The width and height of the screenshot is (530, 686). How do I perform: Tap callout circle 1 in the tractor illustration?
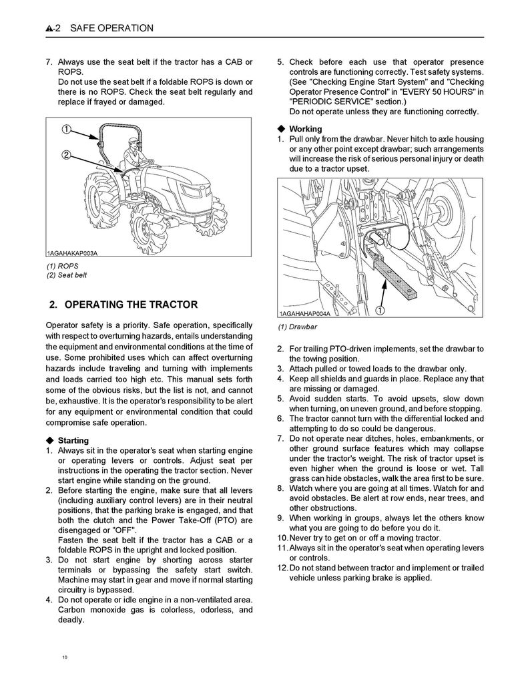[x=67, y=128]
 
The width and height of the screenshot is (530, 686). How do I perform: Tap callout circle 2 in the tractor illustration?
[x=67, y=155]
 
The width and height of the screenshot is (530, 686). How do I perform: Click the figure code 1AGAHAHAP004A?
[x=304, y=314]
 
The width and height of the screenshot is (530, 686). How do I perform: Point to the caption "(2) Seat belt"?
[x=66, y=275]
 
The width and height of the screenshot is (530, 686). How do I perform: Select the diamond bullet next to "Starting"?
[x=50, y=441]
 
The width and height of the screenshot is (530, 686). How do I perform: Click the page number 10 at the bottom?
[x=65, y=658]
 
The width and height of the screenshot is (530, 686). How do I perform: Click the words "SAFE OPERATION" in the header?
[x=111, y=29]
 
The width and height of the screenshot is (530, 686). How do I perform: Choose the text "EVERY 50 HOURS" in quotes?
[x=435, y=92]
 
